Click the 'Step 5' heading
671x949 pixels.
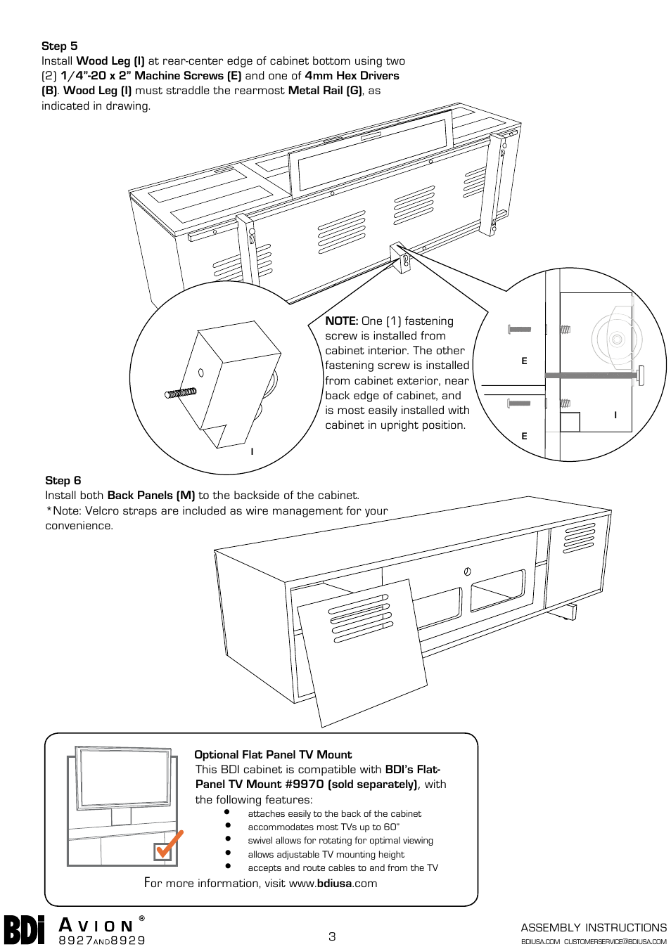click(60, 46)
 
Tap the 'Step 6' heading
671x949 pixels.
click(63, 481)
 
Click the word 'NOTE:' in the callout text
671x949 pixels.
click(341, 321)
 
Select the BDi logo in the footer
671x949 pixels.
click(25, 930)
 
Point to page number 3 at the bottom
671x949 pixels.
click(332, 936)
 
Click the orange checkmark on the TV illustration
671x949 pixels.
click(169, 844)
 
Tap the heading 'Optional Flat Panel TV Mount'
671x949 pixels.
click(273, 755)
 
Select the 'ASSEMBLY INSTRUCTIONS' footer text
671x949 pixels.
click(594, 928)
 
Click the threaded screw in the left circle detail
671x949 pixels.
click(181, 393)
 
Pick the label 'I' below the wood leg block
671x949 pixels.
click(252, 452)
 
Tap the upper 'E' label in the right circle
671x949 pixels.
click(524, 361)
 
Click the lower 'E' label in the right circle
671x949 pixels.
click(524, 437)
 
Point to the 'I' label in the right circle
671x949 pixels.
click(615, 415)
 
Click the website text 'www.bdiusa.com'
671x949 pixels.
click(333, 884)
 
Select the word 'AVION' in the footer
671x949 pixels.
click(96, 926)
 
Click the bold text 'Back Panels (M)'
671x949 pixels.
click(151, 496)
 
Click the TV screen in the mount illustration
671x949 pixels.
click(124, 777)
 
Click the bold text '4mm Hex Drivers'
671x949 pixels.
click(352, 76)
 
